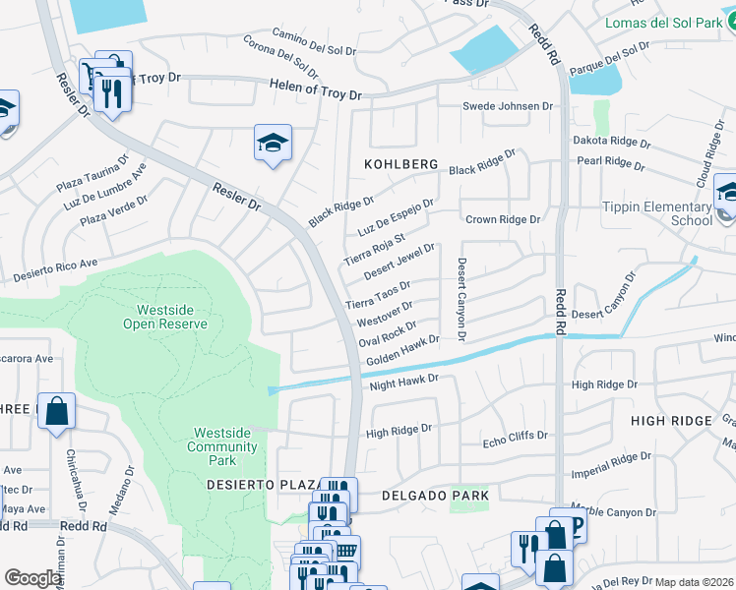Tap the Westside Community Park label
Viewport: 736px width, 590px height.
[x=225, y=440]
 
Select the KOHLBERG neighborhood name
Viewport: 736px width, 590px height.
[x=400, y=164]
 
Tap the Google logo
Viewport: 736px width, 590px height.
[x=32, y=577]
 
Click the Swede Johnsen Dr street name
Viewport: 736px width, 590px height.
[x=509, y=106]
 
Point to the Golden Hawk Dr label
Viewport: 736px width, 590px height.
[x=401, y=354]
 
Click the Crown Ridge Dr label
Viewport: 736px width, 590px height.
[x=503, y=220]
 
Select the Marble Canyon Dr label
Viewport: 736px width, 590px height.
[x=614, y=512]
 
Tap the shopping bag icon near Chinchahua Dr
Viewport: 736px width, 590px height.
[x=56, y=411]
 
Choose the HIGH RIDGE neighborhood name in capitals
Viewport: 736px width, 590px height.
[x=670, y=421]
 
